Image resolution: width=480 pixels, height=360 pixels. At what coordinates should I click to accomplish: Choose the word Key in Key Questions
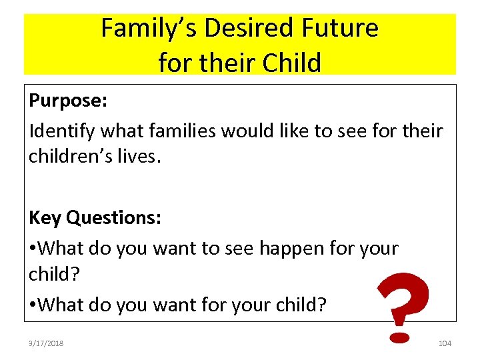45,218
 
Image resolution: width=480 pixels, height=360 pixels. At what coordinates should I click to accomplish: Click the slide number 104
445,343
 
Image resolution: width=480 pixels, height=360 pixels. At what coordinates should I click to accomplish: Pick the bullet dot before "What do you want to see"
33,249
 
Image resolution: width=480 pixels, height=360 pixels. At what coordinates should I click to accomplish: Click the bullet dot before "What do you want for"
33,305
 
